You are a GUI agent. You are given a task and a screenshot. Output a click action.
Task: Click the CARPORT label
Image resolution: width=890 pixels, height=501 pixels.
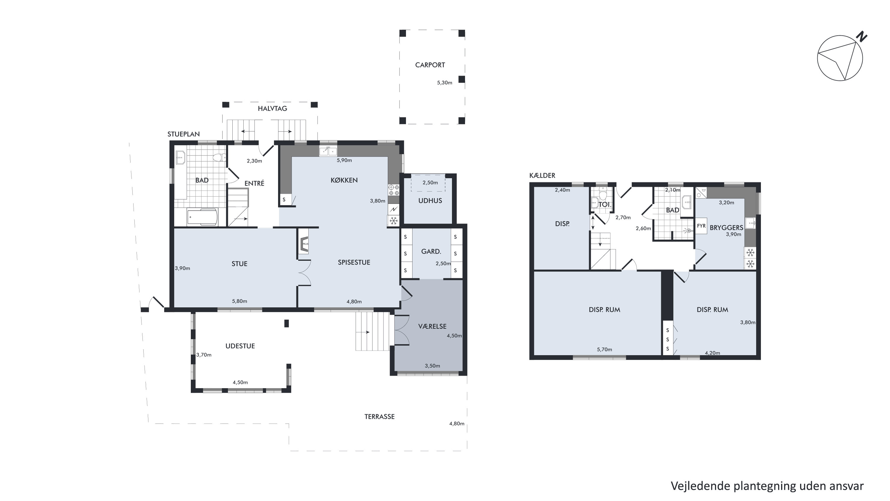(430, 65)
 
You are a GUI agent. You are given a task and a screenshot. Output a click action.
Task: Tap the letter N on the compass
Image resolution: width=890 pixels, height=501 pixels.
(862, 36)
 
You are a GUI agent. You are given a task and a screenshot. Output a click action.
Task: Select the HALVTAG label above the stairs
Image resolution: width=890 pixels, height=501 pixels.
(272, 109)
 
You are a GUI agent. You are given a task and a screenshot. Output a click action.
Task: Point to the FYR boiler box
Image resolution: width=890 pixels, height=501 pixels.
(701, 226)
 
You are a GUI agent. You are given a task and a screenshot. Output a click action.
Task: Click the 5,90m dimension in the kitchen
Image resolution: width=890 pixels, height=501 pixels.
(344, 160)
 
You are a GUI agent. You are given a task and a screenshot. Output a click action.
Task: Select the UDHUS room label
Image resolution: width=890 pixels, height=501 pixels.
(430, 201)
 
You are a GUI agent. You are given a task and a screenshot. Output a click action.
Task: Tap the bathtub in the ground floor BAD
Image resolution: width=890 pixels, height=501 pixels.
(202, 217)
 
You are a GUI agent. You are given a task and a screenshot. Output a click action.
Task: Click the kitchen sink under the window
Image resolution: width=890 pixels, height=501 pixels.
(328, 151)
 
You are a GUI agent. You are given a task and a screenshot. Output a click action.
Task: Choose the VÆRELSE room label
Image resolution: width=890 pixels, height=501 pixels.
(432, 326)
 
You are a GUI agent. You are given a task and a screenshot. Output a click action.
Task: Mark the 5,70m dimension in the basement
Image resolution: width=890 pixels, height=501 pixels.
(604, 349)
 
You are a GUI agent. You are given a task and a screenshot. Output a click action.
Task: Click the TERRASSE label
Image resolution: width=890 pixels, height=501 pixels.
(379, 417)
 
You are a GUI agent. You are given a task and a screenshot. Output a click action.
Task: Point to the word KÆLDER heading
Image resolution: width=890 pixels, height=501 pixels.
(542, 175)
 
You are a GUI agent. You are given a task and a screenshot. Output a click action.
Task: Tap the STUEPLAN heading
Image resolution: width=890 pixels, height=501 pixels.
(183, 134)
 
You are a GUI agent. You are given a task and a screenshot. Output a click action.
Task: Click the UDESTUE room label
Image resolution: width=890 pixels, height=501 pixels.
(240, 346)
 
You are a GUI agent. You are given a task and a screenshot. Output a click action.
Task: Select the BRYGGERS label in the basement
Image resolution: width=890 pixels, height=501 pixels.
(726, 228)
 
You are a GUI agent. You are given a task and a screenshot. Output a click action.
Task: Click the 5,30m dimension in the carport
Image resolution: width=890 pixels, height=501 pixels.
(445, 83)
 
